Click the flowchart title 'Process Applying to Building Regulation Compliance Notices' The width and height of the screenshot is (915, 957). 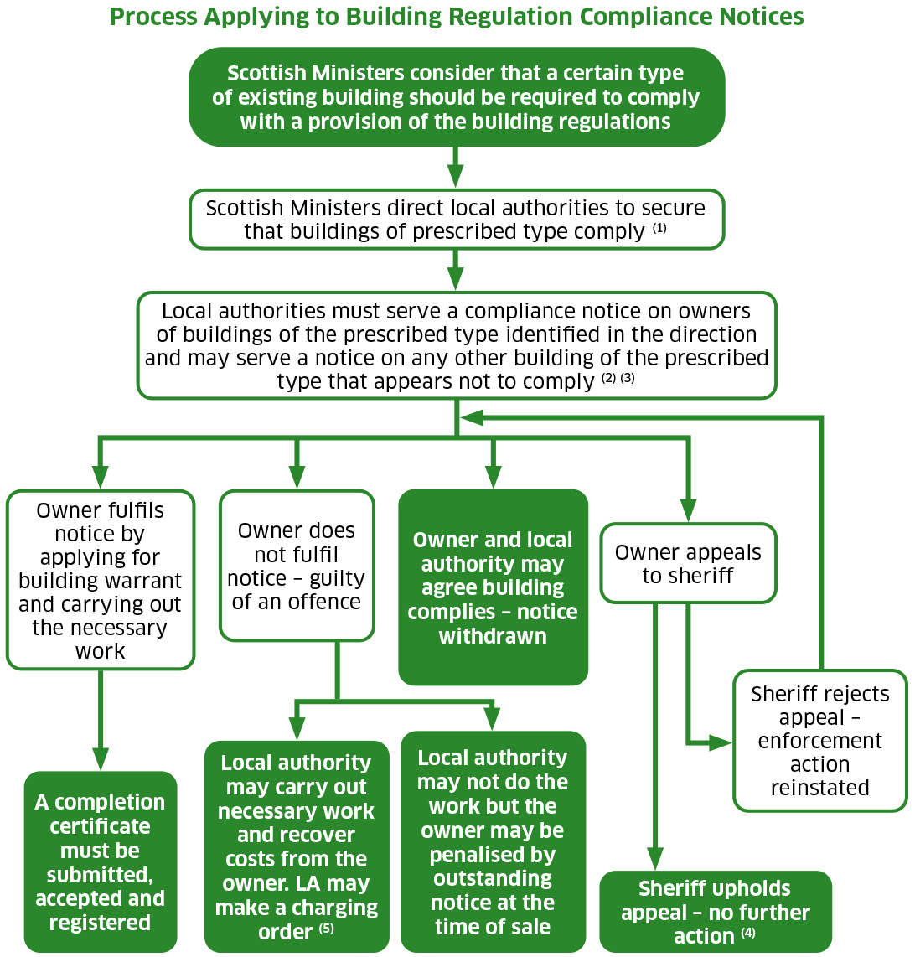457,17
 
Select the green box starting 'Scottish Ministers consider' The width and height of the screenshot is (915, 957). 457,97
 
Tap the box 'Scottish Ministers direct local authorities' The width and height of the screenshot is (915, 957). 457,219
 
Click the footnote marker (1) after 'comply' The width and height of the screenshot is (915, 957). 659,229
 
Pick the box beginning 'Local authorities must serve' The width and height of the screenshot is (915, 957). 457,345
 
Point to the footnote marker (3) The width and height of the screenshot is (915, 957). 628,378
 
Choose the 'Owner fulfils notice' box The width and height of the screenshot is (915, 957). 101,580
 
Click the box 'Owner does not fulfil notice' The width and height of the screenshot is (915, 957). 297,566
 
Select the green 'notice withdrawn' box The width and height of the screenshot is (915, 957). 493,587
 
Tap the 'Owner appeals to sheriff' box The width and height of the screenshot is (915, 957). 688,563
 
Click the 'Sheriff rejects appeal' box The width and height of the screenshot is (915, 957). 819,740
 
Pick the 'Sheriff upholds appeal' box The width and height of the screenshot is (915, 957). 716,912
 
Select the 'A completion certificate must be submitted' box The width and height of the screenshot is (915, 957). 101,861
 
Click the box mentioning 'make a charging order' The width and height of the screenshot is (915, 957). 297,846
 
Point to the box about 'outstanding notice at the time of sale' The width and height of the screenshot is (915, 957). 493,841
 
